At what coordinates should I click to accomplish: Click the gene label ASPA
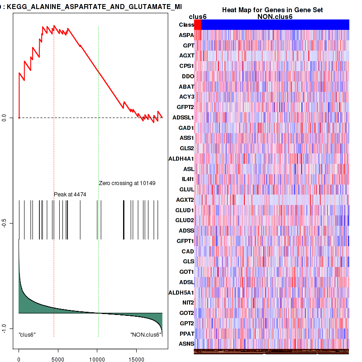(186, 35)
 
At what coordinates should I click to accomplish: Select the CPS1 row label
(186, 66)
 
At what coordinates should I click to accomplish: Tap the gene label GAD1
(186, 128)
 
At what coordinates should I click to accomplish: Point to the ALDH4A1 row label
(181, 158)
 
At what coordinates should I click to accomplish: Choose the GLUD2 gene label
(185, 220)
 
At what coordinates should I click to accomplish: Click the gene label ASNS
(186, 344)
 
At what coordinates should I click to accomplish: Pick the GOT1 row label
(186, 272)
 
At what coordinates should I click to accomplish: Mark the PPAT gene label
(186, 334)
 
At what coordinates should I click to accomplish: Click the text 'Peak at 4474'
(70, 194)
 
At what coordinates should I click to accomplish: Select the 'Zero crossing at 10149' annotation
(127, 183)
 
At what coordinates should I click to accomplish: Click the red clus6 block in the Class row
(198, 25)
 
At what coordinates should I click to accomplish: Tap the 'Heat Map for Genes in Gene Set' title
(272, 10)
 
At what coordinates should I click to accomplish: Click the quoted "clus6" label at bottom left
(27, 334)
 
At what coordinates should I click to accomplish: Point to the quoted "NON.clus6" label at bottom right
(145, 334)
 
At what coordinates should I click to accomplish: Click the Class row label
(186, 25)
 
